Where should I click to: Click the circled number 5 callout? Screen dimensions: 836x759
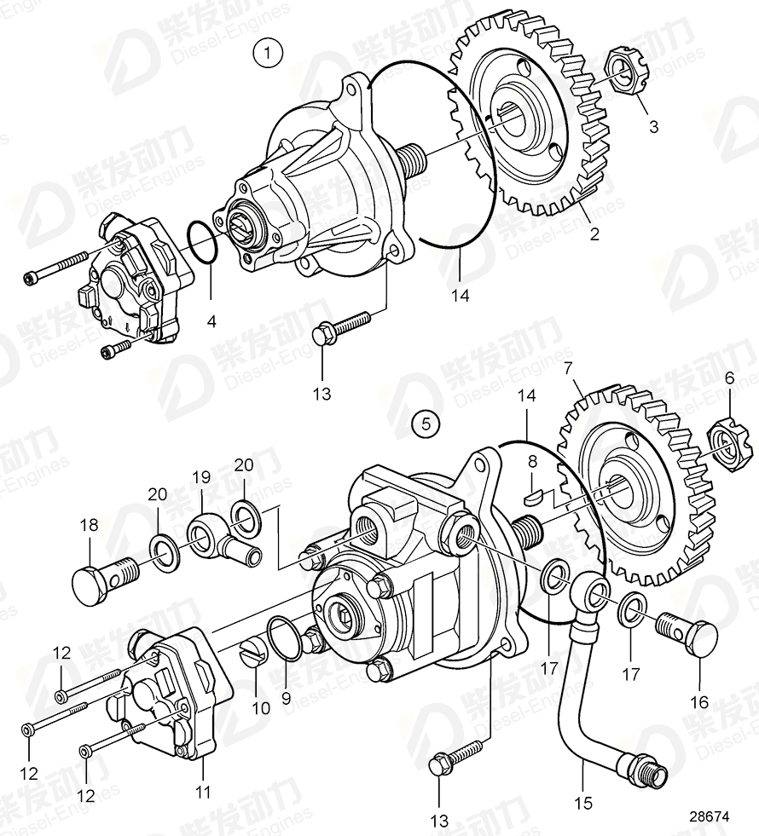point(426,422)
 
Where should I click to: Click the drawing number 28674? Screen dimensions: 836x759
point(710,815)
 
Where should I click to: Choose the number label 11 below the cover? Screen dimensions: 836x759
point(202,791)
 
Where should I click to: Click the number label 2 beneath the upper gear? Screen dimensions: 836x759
point(594,234)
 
